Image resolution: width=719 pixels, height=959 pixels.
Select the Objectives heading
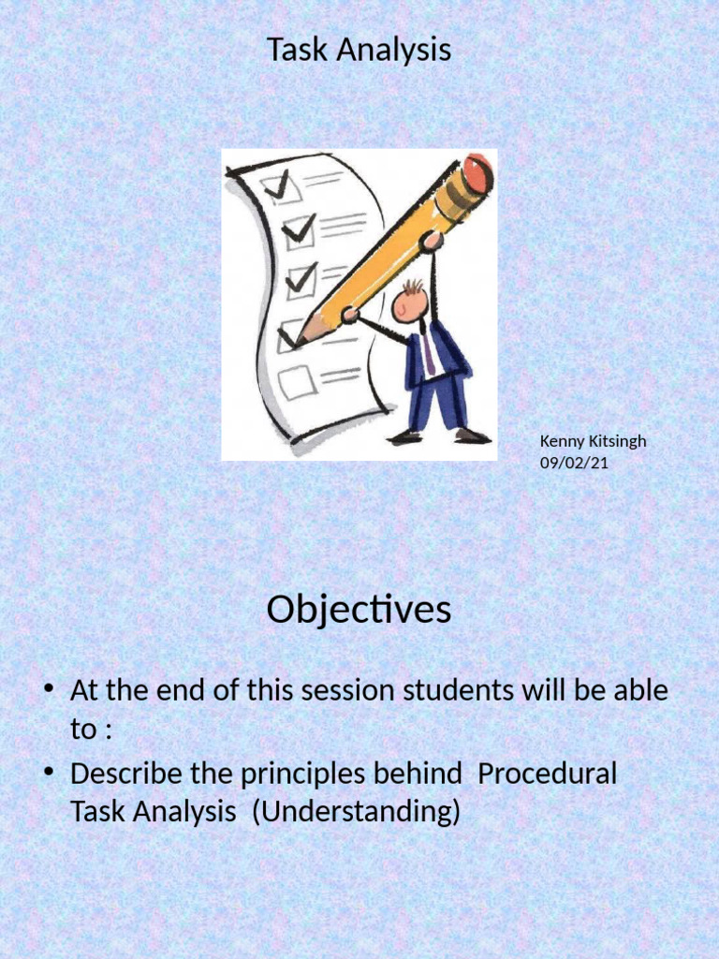tap(359, 611)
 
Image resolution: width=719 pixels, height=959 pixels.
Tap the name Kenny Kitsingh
tap(593, 441)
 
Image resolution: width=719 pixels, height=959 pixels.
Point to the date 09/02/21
tap(574, 461)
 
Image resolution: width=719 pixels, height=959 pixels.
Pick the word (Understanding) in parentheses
tap(360, 812)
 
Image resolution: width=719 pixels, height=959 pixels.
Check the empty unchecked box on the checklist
tap(296, 382)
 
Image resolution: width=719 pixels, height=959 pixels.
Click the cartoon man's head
tap(410, 302)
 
